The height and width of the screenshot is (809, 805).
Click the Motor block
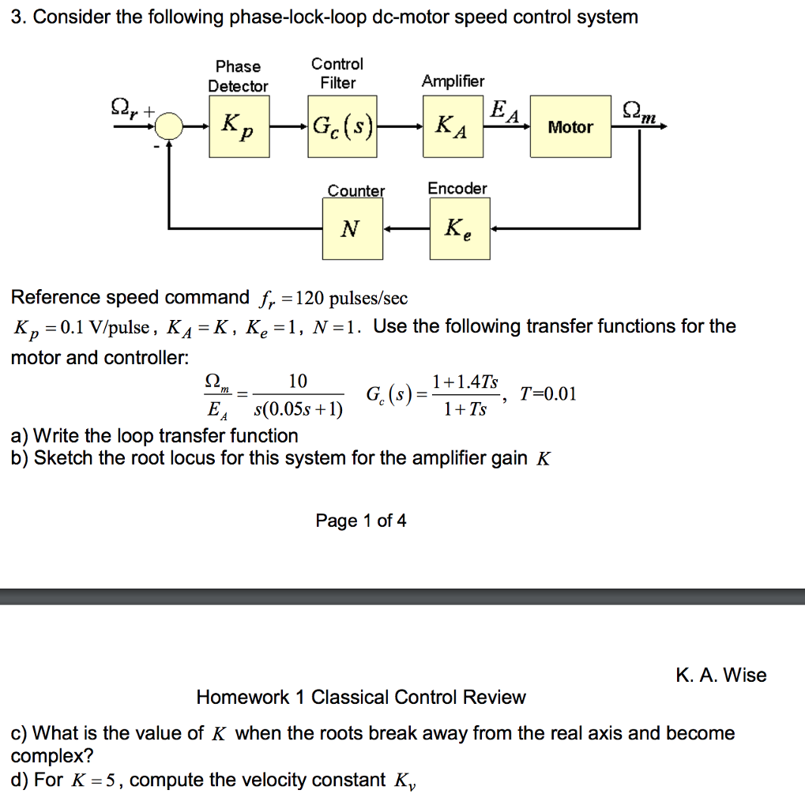point(570,126)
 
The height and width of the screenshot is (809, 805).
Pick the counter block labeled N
point(352,228)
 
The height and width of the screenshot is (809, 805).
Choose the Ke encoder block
point(459,228)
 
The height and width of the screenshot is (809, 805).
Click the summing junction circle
point(169,126)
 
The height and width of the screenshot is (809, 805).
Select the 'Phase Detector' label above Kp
point(238,76)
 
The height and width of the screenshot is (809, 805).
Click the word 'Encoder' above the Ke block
point(457,188)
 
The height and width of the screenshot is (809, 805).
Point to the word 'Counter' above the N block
point(356,190)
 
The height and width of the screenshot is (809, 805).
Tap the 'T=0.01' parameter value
point(548,393)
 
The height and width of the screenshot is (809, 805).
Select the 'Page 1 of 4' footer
point(361,521)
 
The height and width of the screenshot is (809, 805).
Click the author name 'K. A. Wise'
point(721,675)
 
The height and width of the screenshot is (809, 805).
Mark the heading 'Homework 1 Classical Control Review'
point(361,697)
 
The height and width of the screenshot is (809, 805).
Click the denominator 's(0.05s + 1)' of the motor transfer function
point(299,409)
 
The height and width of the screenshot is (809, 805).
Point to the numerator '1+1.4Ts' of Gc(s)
point(465,382)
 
